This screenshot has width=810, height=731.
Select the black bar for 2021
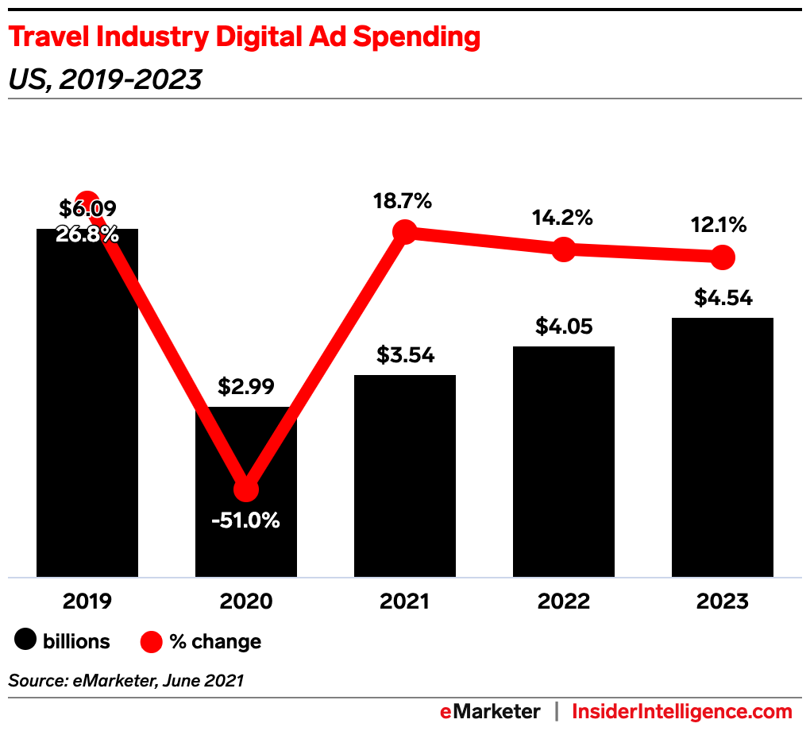tap(405, 477)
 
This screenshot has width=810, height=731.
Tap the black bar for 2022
tap(564, 461)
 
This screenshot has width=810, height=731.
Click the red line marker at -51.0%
tap(246, 489)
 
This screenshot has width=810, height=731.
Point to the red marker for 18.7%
tap(405, 232)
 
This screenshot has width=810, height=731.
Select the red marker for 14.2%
tap(564, 249)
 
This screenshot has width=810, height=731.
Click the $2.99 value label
tap(246, 387)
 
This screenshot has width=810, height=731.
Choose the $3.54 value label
tap(405, 354)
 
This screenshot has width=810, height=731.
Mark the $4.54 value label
tap(723, 298)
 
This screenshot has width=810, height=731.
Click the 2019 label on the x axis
tap(87, 601)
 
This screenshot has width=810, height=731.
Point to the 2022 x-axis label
tap(564, 601)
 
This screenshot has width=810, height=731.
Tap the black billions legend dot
tap(26, 640)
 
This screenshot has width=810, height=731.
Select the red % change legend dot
tap(152, 640)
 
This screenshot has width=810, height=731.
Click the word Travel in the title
tap(48, 37)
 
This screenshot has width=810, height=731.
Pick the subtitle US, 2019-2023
tap(104, 79)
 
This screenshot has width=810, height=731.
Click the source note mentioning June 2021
tap(126, 680)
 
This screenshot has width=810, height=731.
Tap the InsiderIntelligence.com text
tap(682, 711)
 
